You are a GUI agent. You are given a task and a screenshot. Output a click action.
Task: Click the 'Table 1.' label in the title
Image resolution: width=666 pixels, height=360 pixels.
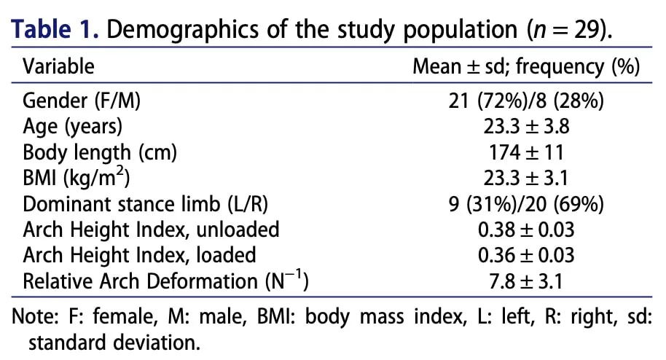click(55, 29)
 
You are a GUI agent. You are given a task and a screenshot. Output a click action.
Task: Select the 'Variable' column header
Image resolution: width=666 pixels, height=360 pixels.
click(58, 67)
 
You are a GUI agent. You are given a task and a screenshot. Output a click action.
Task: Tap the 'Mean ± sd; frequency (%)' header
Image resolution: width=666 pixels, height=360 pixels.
click(526, 67)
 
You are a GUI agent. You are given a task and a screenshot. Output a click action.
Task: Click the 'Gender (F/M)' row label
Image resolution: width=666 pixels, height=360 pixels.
click(82, 101)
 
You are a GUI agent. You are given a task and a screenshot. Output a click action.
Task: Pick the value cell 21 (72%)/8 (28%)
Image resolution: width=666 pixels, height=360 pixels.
click(526, 101)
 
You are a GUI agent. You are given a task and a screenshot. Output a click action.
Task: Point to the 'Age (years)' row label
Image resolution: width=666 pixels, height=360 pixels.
click(73, 127)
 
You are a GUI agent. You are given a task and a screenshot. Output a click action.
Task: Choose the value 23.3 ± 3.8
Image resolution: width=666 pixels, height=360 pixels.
click(526, 126)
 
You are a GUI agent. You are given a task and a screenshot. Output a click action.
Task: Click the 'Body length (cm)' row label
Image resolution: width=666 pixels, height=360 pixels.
click(100, 152)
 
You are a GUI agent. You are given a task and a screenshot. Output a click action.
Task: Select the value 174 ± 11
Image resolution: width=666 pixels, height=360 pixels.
click(526, 152)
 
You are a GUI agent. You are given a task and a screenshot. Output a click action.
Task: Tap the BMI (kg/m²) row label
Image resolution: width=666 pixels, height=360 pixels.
click(77, 177)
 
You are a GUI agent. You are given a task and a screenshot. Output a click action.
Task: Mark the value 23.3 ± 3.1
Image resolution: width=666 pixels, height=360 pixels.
click(526, 178)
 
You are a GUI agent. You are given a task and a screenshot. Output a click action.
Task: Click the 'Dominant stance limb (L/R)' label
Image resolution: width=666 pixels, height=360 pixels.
click(145, 205)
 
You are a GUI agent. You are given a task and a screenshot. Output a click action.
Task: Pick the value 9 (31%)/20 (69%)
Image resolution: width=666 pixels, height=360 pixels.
click(526, 205)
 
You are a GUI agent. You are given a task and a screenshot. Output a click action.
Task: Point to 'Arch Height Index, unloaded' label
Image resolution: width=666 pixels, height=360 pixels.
click(151, 230)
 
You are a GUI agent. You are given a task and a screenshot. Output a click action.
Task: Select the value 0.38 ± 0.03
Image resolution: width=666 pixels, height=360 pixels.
click(526, 230)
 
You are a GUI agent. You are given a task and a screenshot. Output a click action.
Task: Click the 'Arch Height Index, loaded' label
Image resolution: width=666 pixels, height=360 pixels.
click(139, 256)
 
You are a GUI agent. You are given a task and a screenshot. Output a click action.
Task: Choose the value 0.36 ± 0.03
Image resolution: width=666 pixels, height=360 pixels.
click(526, 256)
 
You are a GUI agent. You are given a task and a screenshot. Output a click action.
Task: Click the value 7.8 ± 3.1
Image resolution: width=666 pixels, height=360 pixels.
click(526, 282)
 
